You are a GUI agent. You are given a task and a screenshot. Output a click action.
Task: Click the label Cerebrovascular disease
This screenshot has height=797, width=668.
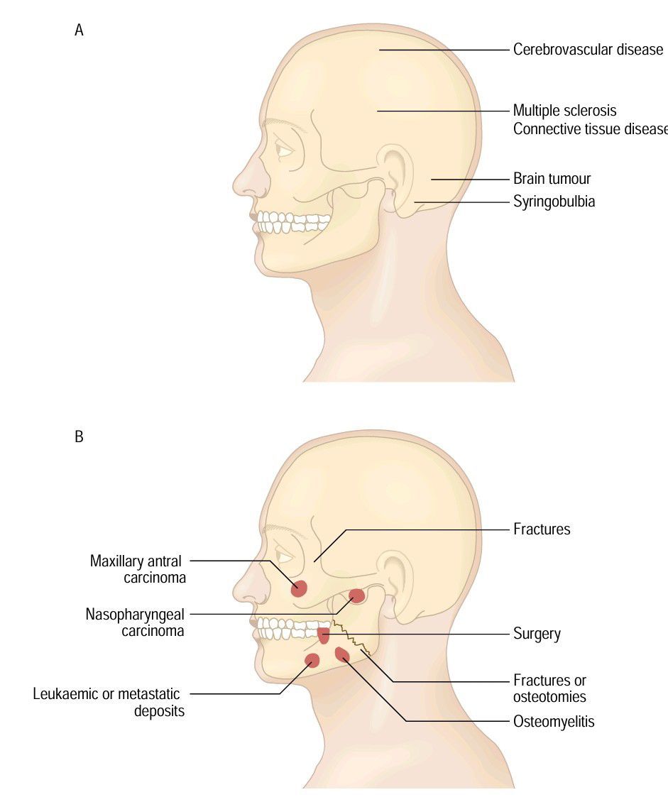pyautogui.click(x=588, y=49)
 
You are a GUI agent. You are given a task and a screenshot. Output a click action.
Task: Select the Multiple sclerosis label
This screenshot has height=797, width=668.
pyautogui.click(x=564, y=110)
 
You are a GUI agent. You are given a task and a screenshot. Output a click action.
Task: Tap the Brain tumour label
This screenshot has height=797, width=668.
pyautogui.click(x=552, y=178)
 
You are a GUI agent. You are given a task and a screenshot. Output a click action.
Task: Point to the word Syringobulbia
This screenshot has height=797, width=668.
pyautogui.click(x=554, y=202)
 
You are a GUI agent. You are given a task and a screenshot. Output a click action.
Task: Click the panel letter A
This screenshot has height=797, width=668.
pyautogui.click(x=79, y=31)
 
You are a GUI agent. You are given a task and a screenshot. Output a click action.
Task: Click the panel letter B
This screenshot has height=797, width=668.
pyautogui.click(x=79, y=436)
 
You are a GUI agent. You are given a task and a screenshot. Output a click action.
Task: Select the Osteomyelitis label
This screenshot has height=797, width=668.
pyautogui.click(x=554, y=721)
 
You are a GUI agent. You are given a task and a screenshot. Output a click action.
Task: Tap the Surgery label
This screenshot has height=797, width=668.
pyautogui.click(x=537, y=634)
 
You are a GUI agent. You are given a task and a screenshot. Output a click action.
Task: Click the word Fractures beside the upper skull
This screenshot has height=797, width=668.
pyautogui.click(x=542, y=529)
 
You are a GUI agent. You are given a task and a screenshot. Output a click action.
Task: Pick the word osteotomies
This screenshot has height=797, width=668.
pyautogui.click(x=549, y=696)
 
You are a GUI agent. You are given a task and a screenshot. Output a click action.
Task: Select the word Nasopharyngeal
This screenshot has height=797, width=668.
pyautogui.click(x=135, y=615)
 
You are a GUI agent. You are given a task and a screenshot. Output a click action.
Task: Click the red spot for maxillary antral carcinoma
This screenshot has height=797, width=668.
pyautogui.click(x=299, y=588)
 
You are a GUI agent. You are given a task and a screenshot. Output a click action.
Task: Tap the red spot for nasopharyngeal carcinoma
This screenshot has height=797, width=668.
pyautogui.click(x=357, y=595)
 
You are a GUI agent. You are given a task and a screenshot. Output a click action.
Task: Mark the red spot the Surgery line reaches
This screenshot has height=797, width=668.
pyautogui.click(x=323, y=635)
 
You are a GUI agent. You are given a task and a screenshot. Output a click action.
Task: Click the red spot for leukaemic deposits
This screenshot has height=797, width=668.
pyautogui.click(x=312, y=660)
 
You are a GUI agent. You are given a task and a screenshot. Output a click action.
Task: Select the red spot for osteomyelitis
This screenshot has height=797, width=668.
pyautogui.click(x=342, y=654)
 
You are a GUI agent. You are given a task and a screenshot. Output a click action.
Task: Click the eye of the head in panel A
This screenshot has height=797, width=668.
pyautogui.click(x=284, y=150)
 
